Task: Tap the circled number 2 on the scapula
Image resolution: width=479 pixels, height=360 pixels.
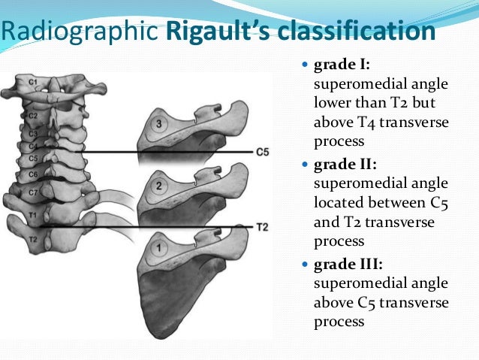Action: (158, 185)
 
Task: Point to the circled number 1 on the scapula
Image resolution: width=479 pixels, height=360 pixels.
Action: (158, 247)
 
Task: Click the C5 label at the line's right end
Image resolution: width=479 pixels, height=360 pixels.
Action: (262, 152)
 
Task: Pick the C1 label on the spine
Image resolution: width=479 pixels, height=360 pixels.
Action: (33, 80)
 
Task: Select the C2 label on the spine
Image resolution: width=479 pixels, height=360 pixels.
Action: (33, 115)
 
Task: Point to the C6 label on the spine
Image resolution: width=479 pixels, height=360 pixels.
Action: (33, 174)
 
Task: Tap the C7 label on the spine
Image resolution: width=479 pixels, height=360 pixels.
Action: (33, 193)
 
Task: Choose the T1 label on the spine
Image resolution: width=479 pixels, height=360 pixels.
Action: (32, 214)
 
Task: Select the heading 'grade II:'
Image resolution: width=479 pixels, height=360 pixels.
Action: (342, 163)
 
